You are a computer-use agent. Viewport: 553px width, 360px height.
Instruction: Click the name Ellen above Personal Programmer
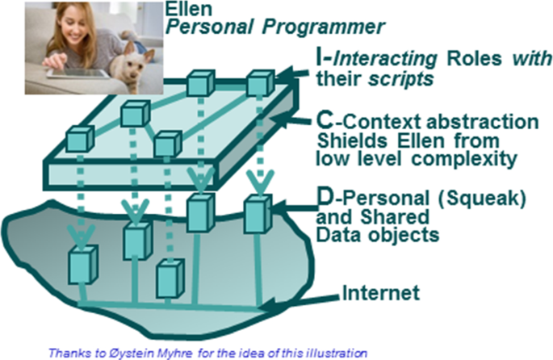189,9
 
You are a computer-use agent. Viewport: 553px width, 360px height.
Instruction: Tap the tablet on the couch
78,73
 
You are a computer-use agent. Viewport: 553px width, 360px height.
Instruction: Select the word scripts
401,78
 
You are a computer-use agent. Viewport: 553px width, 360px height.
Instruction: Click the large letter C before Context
324,121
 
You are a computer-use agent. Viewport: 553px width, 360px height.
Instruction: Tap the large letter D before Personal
325,198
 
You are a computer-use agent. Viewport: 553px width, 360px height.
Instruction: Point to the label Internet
381,293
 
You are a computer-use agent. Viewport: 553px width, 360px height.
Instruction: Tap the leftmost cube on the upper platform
81,139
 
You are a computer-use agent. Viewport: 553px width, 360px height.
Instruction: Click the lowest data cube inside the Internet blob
170,278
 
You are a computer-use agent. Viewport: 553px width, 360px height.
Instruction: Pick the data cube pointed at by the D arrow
258,214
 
